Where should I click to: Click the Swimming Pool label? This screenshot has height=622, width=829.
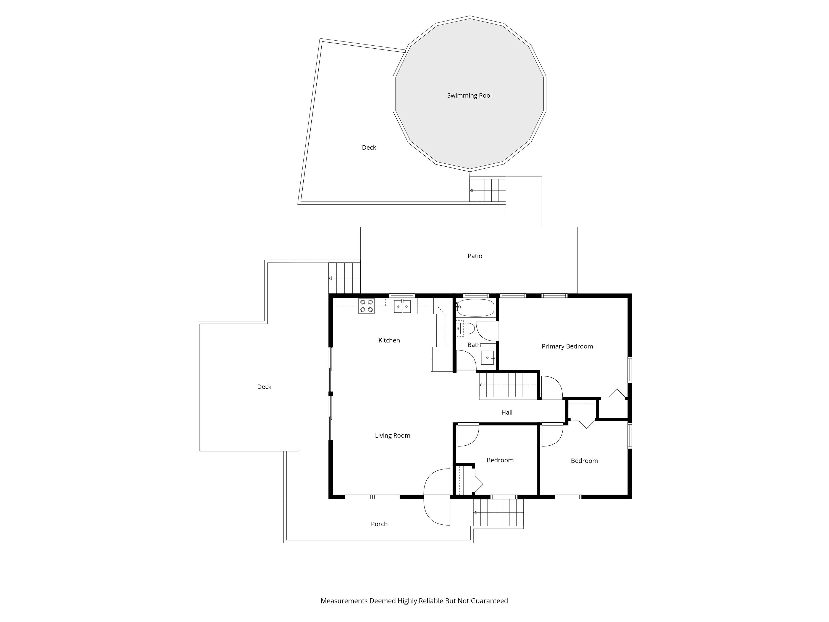(x=469, y=96)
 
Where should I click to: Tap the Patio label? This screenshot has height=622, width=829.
(x=475, y=256)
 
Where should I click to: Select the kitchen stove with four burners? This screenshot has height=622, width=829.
(x=366, y=306)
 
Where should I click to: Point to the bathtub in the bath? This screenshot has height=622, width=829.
(x=476, y=308)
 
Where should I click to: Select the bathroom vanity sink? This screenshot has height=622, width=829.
(x=487, y=358)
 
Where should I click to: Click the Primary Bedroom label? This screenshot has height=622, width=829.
(x=567, y=346)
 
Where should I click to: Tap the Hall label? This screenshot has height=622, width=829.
(x=507, y=412)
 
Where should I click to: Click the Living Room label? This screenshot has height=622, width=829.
(x=392, y=436)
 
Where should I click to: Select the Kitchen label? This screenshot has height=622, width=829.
(x=389, y=340)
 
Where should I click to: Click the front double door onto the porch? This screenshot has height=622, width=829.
(x=437, y=497)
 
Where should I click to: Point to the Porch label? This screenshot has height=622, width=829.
(x=379, y=524)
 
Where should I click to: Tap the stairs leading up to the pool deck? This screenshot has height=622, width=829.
(x=487, y=190)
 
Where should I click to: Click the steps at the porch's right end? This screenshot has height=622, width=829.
(x=498, y=513)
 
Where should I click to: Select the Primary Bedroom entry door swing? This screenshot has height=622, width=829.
(x=551, y=387)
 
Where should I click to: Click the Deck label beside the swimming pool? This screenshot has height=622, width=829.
(x=369, y=148)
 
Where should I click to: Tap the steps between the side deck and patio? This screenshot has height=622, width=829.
(x=344, y=278)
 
